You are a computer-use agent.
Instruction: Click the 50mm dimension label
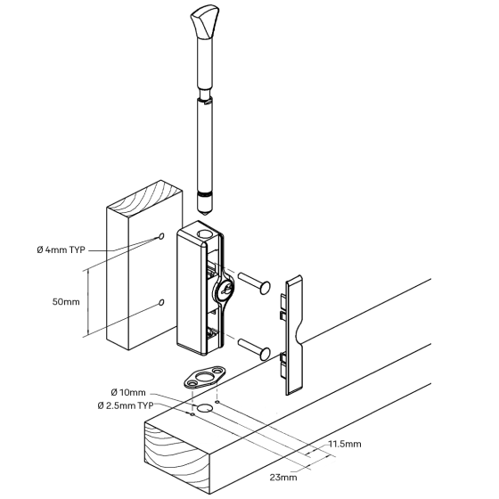(x=66, y=302)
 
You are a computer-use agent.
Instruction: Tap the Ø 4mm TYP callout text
(x=61, y=250)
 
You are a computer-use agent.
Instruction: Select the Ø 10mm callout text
(x=128, y=392)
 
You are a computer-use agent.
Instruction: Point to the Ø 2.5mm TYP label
(x=126, y=405)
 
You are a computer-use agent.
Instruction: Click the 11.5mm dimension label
(x=345, y=444)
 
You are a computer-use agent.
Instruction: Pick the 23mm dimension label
(x=283, y=478)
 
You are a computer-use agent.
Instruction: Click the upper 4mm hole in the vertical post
(x=161, y=236)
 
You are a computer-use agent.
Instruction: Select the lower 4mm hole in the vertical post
(x=161, y=302)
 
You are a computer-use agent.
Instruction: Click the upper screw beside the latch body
(x=255, y=283)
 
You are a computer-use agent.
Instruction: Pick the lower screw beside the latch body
(x=255, y=349)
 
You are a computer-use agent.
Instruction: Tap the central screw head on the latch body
(x=224, y=290)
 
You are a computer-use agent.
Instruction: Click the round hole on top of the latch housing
(x=204, y=235)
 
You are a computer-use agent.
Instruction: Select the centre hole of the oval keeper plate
(x=203, y=378)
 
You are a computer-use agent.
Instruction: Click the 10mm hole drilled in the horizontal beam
(x=205, y=408)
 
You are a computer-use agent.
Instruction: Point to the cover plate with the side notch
(x=292, y=335)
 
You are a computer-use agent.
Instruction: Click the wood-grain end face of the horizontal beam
(x=177, y=459)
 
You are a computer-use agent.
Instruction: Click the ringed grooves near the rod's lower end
(x=205, y=194)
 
